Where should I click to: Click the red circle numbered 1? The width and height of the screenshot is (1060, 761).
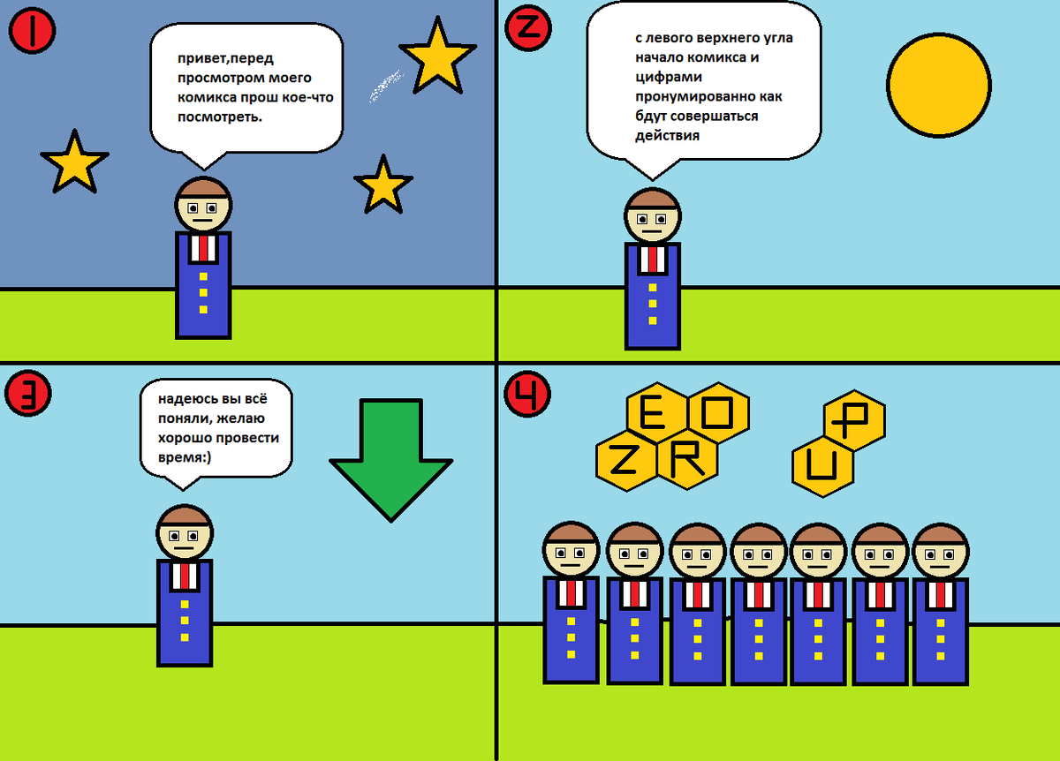pos(33,33)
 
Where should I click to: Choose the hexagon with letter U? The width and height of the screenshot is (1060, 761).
pos(822,468)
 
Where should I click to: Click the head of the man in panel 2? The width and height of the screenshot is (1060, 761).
pos(653,215)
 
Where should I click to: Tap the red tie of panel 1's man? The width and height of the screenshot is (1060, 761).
pos(204,248)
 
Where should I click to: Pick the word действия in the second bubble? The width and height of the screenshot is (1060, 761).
pos(667,135)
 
